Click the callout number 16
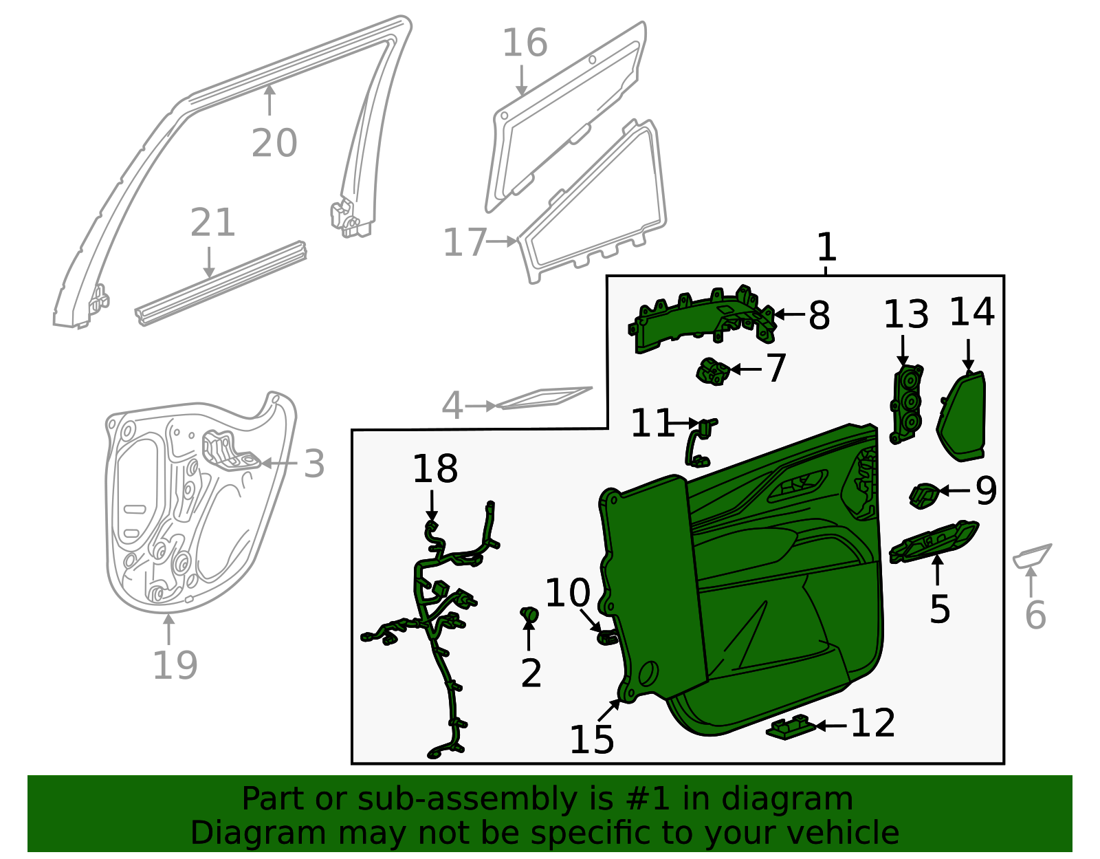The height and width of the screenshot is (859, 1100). click(525, 43)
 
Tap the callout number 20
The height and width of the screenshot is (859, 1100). click(274, 144)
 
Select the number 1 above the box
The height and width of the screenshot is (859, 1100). click(826, 248)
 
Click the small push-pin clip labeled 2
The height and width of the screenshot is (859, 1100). click(529, 614)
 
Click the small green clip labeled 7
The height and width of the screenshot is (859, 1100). click(712, 371)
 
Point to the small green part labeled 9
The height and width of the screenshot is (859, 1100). click(923, 494)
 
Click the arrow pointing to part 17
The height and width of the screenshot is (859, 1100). click(503, 241)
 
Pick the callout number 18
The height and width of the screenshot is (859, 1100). click(434, 470)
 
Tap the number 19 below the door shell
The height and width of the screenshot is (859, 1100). click(175, 665)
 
